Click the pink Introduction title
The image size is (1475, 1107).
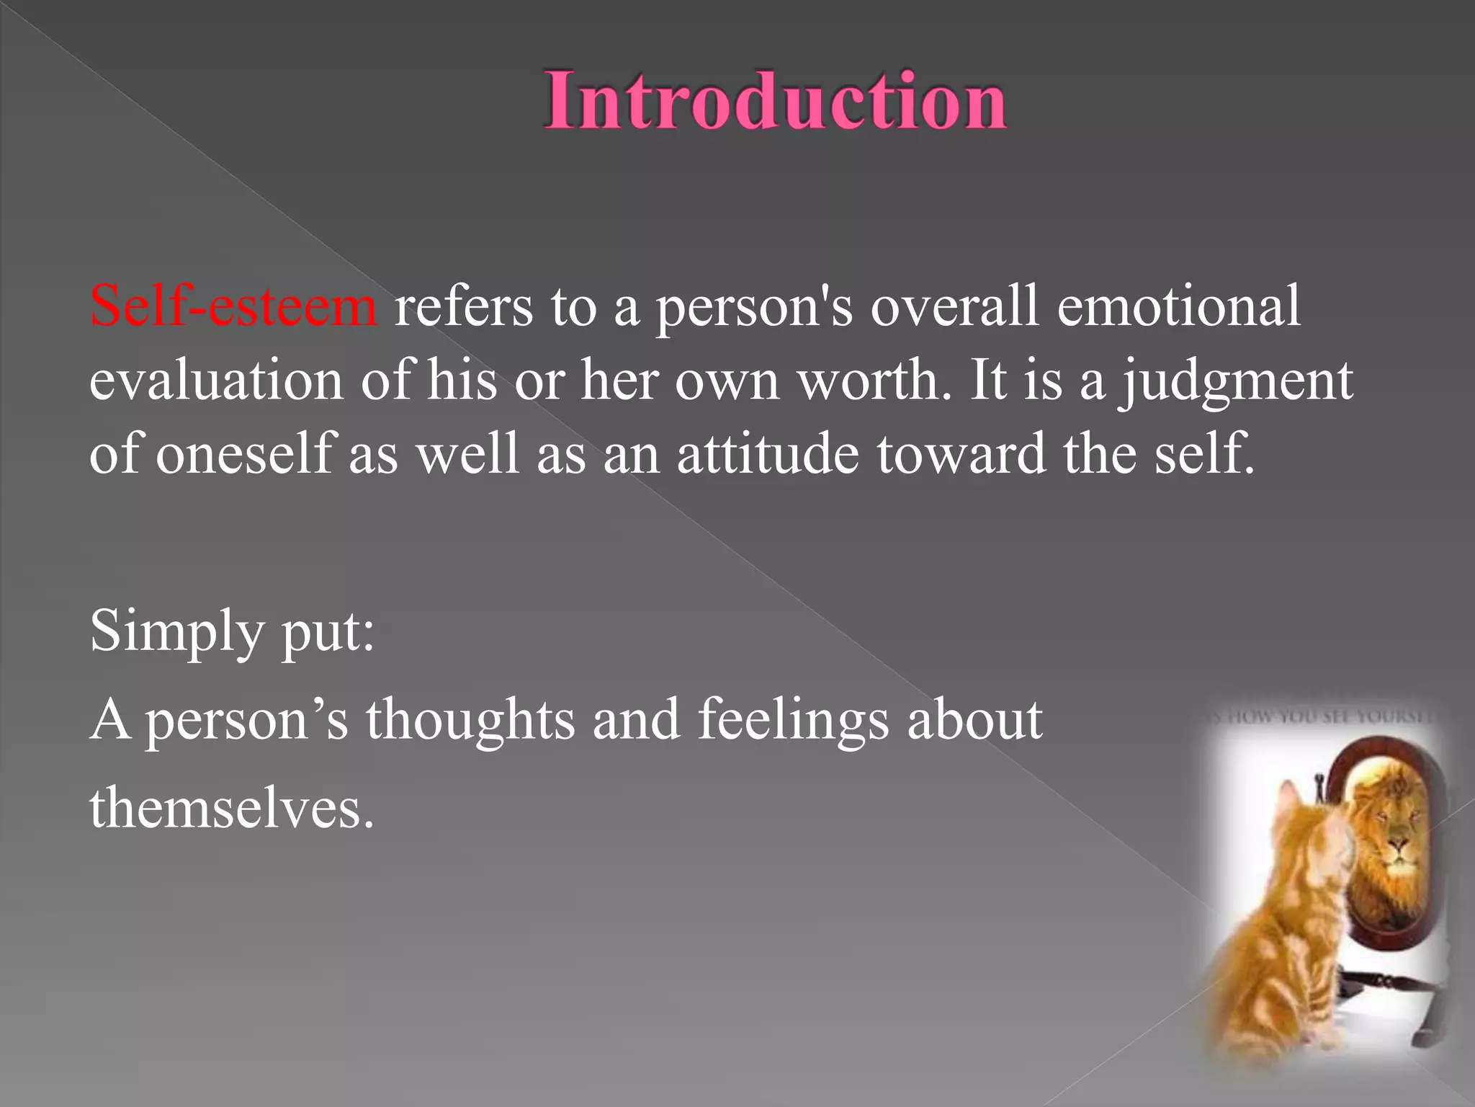coord(775,101)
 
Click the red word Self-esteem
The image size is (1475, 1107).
coord(233,306)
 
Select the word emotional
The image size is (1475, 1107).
coord(1178,306)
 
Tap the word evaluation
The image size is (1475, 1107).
coord(216,381)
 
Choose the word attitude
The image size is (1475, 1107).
coord(768,454)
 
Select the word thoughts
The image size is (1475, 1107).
coord(470,719)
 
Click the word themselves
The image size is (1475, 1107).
coord(231,808)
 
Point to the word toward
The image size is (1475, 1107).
coord(961,454)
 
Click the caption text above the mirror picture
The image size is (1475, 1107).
coord(1322,716)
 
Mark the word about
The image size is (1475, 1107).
coord(974,719)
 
